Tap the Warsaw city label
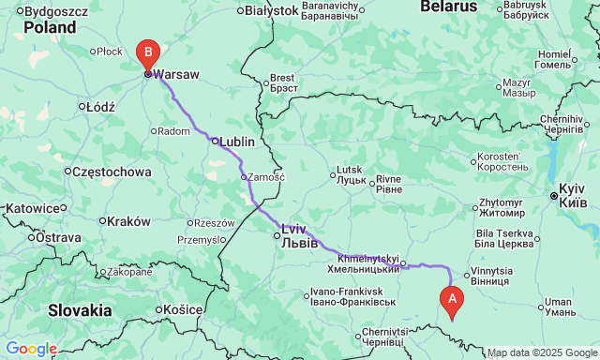coord(176,73)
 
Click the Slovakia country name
coord(80,310)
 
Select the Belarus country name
coord(448,7)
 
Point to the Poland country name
coord(50,27)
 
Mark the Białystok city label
coord(271,10)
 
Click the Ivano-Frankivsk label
coord(354,301)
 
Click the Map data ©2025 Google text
coord(542,353)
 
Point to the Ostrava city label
coord(60,237)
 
